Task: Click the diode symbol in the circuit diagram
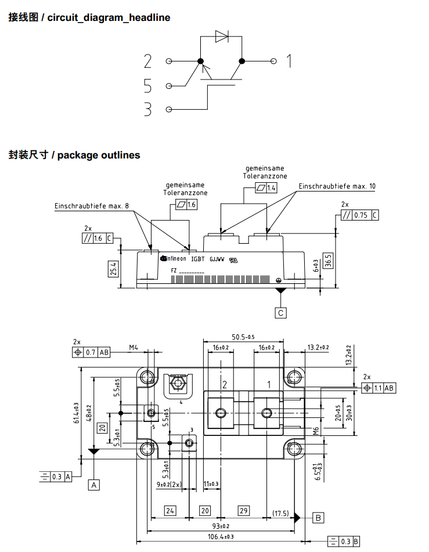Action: coord(222,36)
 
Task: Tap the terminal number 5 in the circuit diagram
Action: coord(147,86)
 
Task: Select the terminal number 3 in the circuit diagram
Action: coord(147,109)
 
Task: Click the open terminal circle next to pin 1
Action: coord(274,61)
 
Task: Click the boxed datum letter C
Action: coord(281,312)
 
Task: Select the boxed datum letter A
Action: coord(94,484)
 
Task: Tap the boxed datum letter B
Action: coord(318,517)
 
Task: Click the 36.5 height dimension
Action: coord(329,259)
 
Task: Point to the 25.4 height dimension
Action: coord(113,268)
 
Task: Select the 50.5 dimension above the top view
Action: coord(243,337)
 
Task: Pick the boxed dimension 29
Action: coord(243,511)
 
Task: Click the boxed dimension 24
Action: coord(170,511)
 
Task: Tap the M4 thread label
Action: coord(134,348)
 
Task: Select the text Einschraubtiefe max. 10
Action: coord(337,186)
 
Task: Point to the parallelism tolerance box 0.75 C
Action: coord(360,215)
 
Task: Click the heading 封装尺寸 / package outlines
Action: coord(74,155)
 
